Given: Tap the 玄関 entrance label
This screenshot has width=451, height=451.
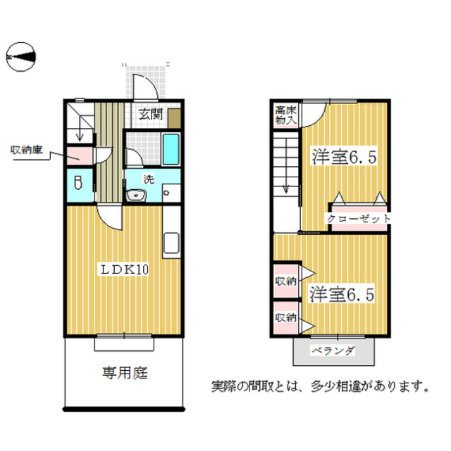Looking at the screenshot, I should coord(149,113).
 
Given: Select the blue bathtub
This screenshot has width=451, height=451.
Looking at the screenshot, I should coord(171,148).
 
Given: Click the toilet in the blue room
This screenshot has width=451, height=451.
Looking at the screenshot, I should coord(78,182).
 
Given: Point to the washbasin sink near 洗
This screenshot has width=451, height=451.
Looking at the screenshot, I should coord(134,195).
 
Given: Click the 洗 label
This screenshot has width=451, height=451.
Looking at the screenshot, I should coord(148,179).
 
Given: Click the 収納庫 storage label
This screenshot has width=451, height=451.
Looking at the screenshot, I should coord(26,149).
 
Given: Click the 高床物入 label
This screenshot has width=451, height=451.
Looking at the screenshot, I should coord(285,114).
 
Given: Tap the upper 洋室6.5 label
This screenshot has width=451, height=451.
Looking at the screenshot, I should coord(343,157).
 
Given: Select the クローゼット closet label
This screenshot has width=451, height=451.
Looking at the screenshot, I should coord(359,220).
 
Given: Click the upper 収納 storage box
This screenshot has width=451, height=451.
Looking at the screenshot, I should coord(285,281).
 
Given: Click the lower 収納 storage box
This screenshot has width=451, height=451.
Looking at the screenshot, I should coord(285,318).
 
